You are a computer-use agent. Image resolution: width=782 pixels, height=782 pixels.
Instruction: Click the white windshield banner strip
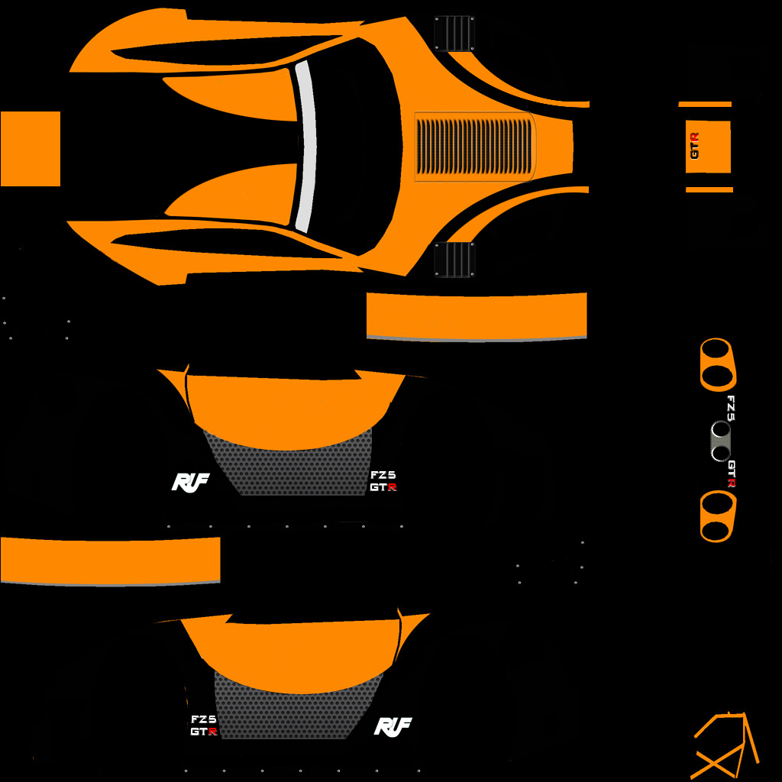306,147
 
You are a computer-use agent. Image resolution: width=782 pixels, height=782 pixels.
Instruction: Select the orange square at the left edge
31,149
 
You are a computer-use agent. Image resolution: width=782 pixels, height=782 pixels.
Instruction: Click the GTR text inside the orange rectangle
694,146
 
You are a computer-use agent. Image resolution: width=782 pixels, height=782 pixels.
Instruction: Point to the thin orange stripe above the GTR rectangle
705,104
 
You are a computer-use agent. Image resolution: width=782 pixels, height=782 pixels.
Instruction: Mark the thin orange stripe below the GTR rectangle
709,189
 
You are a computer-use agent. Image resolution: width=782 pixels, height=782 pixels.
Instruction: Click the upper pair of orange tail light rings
718,364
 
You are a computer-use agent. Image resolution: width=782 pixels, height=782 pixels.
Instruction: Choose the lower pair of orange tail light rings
718,516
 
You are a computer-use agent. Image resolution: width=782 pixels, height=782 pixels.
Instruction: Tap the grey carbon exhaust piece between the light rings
721,441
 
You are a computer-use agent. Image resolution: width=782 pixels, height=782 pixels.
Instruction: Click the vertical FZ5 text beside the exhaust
731,409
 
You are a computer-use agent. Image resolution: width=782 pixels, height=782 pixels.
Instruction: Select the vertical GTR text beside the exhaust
732,473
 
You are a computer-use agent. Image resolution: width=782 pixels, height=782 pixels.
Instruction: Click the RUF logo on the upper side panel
190,483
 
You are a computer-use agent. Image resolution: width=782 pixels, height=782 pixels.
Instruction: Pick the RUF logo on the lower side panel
393,727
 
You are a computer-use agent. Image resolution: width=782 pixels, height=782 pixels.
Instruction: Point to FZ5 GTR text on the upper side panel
383,481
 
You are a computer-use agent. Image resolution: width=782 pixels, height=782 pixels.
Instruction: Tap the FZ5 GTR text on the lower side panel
204,725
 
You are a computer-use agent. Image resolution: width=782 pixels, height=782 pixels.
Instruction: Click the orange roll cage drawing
725,746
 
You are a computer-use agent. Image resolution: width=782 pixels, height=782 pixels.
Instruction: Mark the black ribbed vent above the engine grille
454,34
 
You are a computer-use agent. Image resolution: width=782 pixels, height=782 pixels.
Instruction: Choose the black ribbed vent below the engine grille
454,260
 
